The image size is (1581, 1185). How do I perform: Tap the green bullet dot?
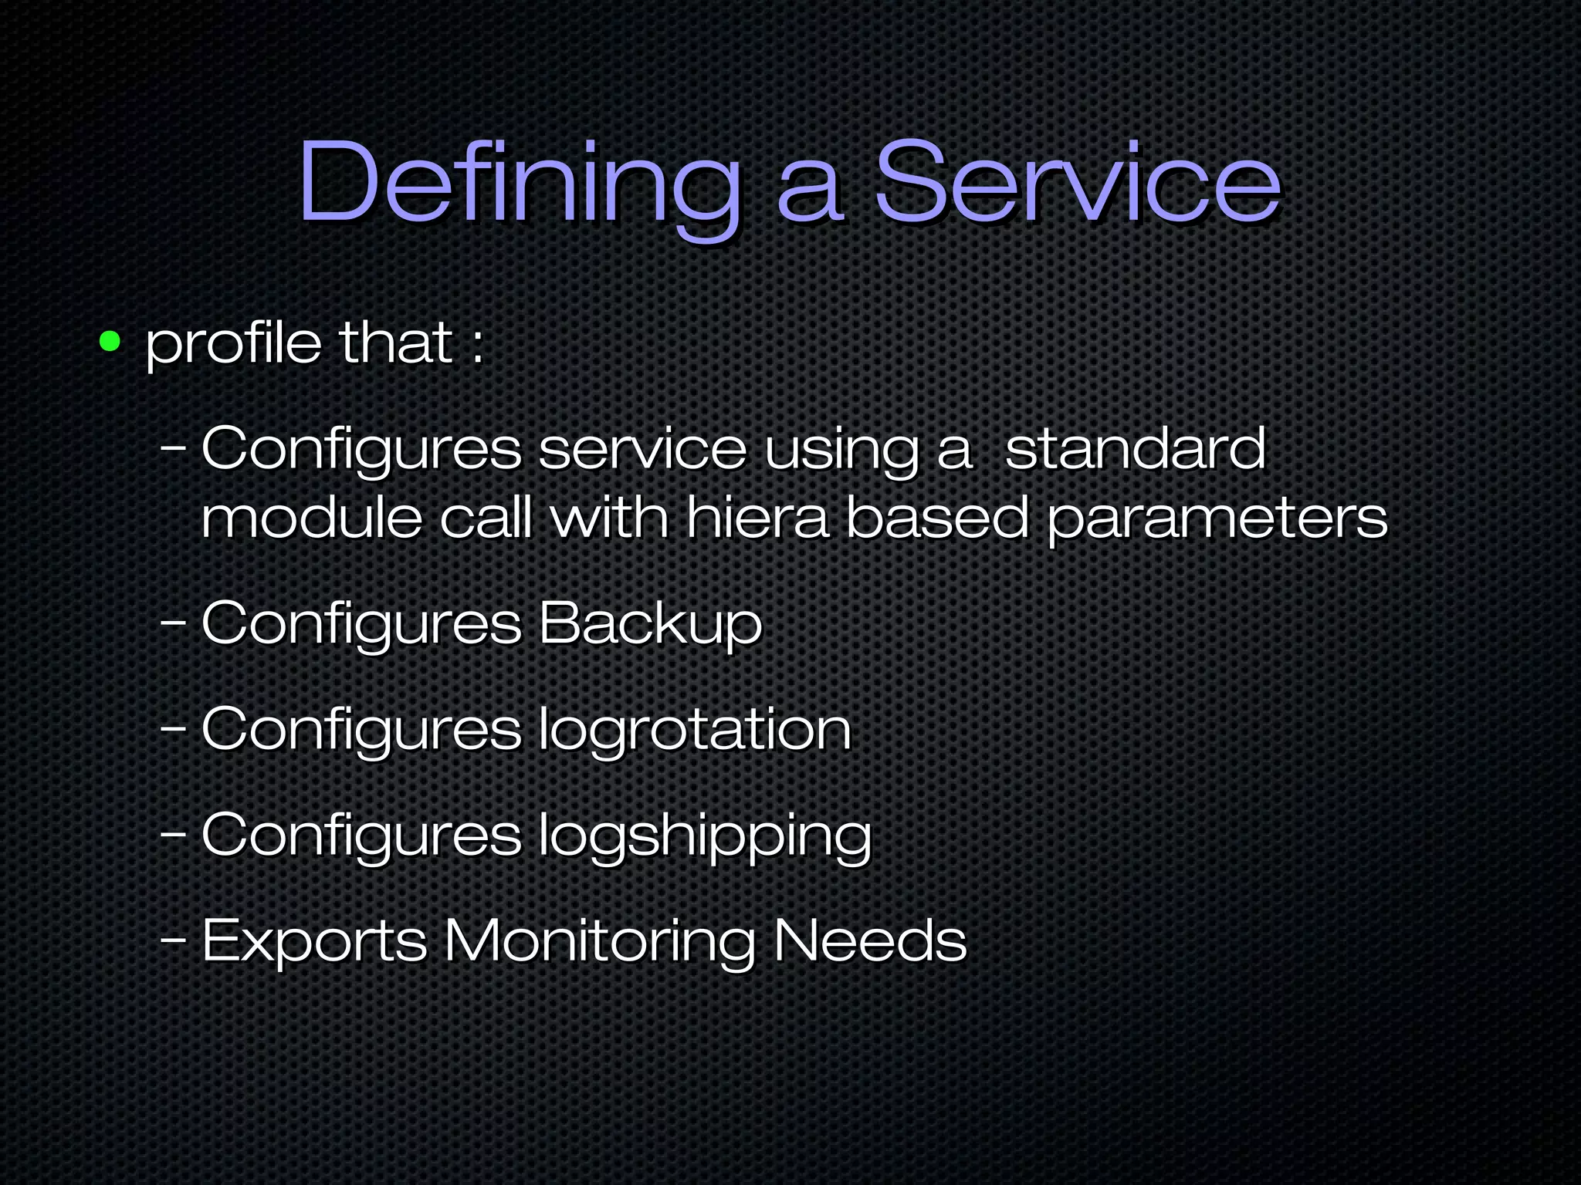pyautogui.click(x=110, y=341)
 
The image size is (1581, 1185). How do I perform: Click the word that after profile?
pyautogui.click(x=396, y=343)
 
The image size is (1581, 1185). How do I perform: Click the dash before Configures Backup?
pyautogui.click(x=173, y=622)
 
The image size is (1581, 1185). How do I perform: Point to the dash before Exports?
pyautogui.click(x=173, y=940)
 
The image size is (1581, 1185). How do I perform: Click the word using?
pyautogui.click(x=841, y=449)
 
